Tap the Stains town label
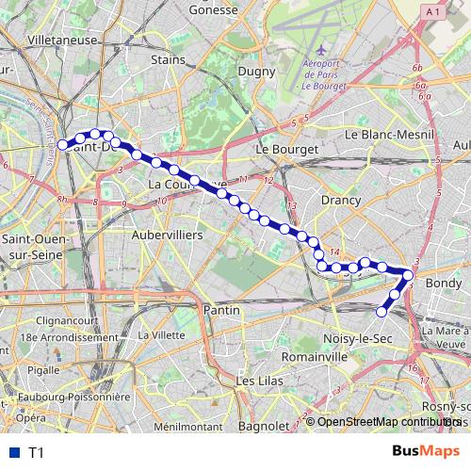[167, 58]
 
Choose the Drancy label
[341, 201]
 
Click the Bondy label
[444, 283]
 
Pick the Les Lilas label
[260, 382]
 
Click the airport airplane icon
[323, 48]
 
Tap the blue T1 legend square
[15, 452]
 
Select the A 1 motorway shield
[432, 10]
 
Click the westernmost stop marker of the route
[63, 145]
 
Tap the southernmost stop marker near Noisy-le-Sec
[382, 312]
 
